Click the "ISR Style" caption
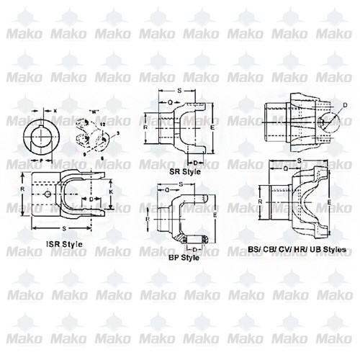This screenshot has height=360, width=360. coord(63,244)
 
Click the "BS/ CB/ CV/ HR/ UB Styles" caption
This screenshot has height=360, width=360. coord(297,249)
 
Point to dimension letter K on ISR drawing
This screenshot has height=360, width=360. coord(109,193)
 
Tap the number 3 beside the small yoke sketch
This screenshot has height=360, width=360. coord(117,135)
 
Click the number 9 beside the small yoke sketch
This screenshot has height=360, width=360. coord(84,153)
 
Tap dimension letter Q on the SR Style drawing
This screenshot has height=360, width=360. coord(170,102)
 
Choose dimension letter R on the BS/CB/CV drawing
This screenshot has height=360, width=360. coord(261,204)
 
